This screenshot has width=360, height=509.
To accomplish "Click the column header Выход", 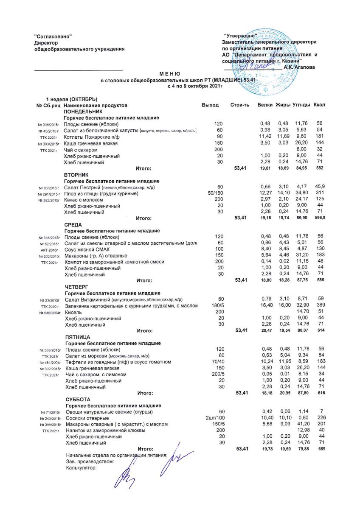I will point(210,105).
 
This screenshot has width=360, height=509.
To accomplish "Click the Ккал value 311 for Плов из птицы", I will point(320,194).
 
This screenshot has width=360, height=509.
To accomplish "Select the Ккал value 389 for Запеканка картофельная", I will point(320,305).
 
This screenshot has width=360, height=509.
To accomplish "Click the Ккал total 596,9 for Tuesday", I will point(318,218).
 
